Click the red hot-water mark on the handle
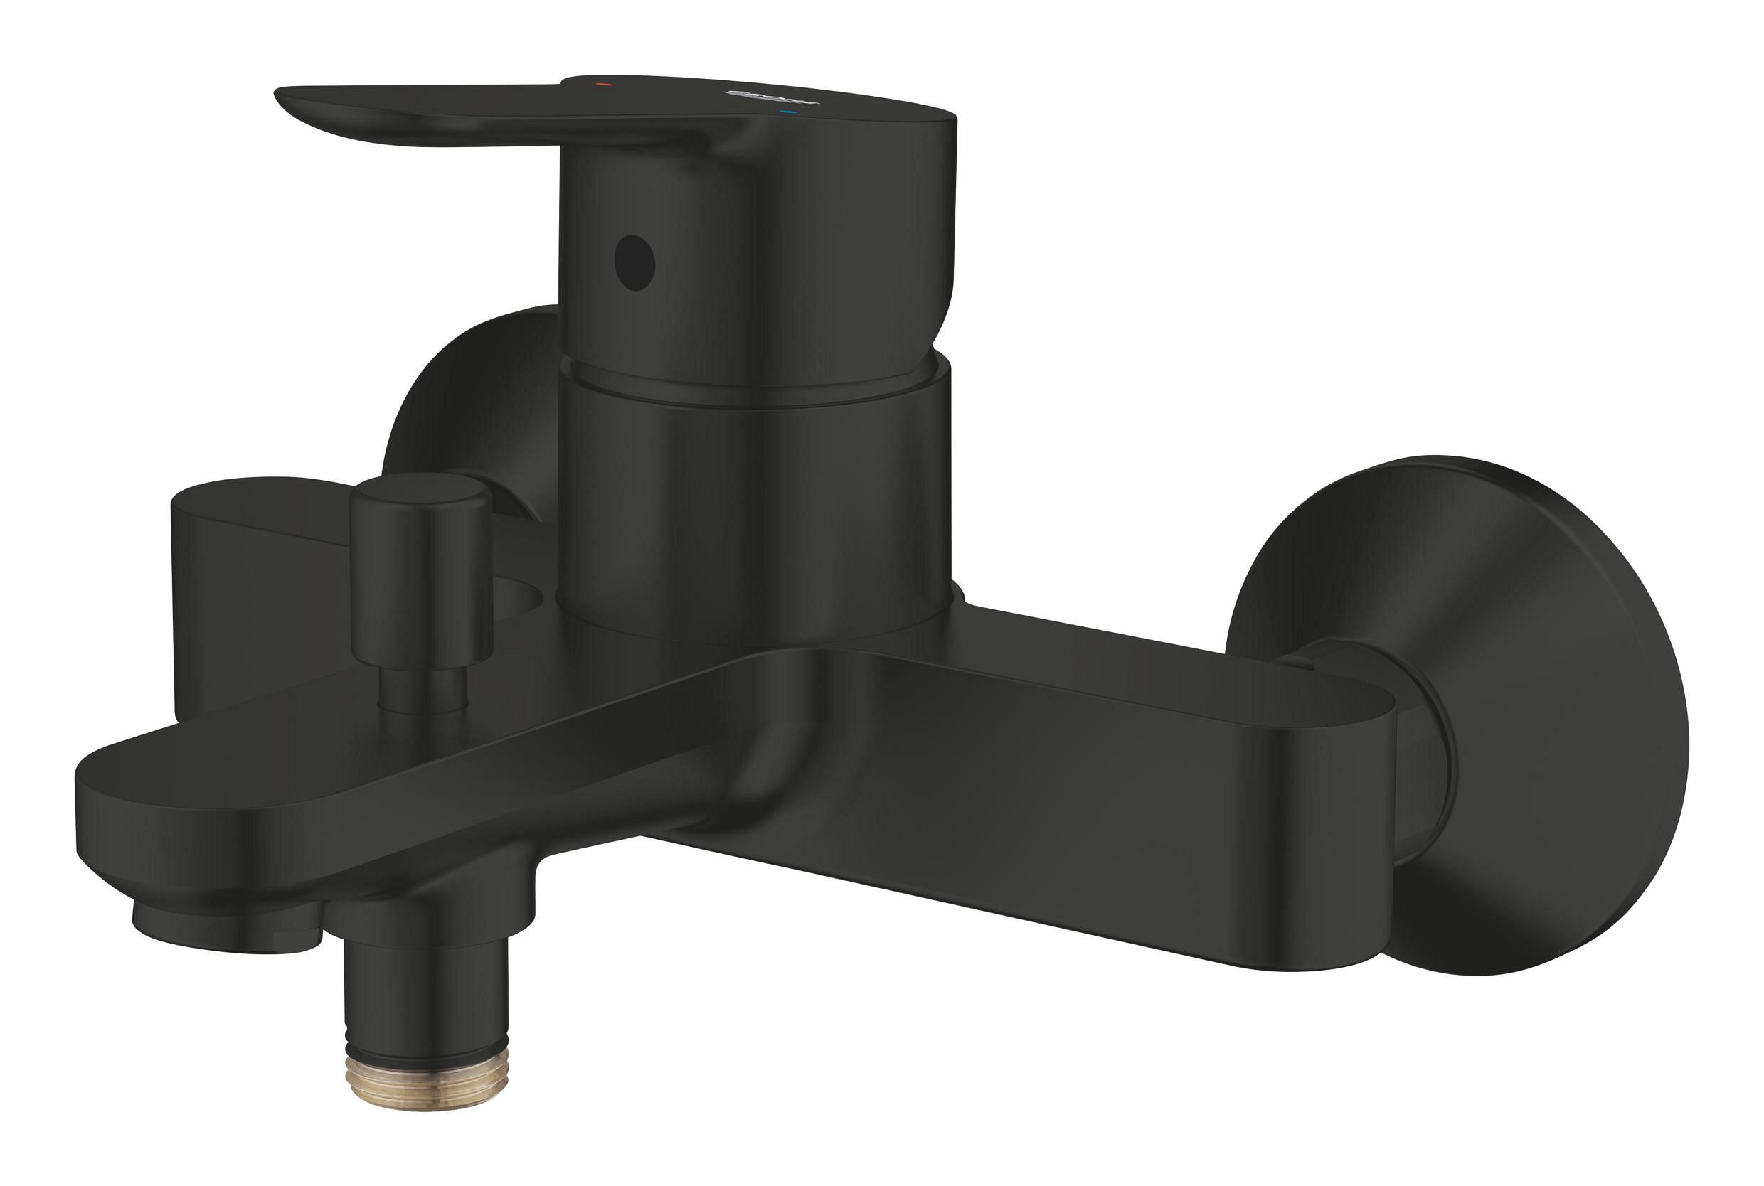pos(604,85)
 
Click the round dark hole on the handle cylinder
pos(634,262)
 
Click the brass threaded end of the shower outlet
pos(427,1083)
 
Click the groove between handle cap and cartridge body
pos(756,390)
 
